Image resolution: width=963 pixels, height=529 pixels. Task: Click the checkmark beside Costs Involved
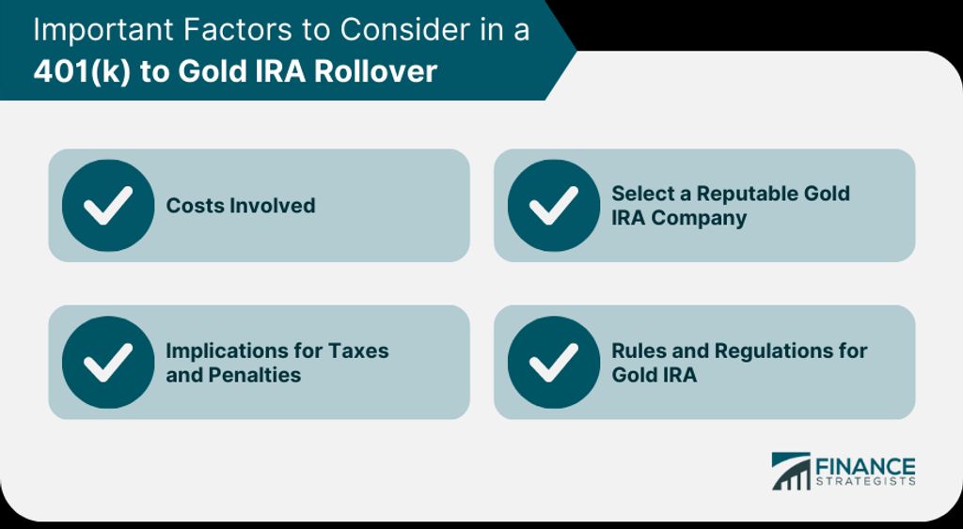pyautogui.click(x=108, y=206)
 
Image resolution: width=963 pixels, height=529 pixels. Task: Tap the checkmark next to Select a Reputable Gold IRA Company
pyautogui.click(x=554, y=206)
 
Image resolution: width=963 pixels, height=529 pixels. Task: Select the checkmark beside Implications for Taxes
pyautogui.click(x=108, y=362)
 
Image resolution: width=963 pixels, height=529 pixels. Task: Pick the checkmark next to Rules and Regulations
pyautogui.click(x=554, y=362)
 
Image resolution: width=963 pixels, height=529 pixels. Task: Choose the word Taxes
pyautogui.click(x=358, y=350)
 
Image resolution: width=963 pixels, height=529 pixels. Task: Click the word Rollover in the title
pyautogui.click(x=375, y=71)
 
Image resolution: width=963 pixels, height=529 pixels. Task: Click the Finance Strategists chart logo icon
pyautogui.click(x=791, y=472)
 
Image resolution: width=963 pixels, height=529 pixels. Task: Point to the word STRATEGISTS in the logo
pyautogui.click(x=865, y=482)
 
